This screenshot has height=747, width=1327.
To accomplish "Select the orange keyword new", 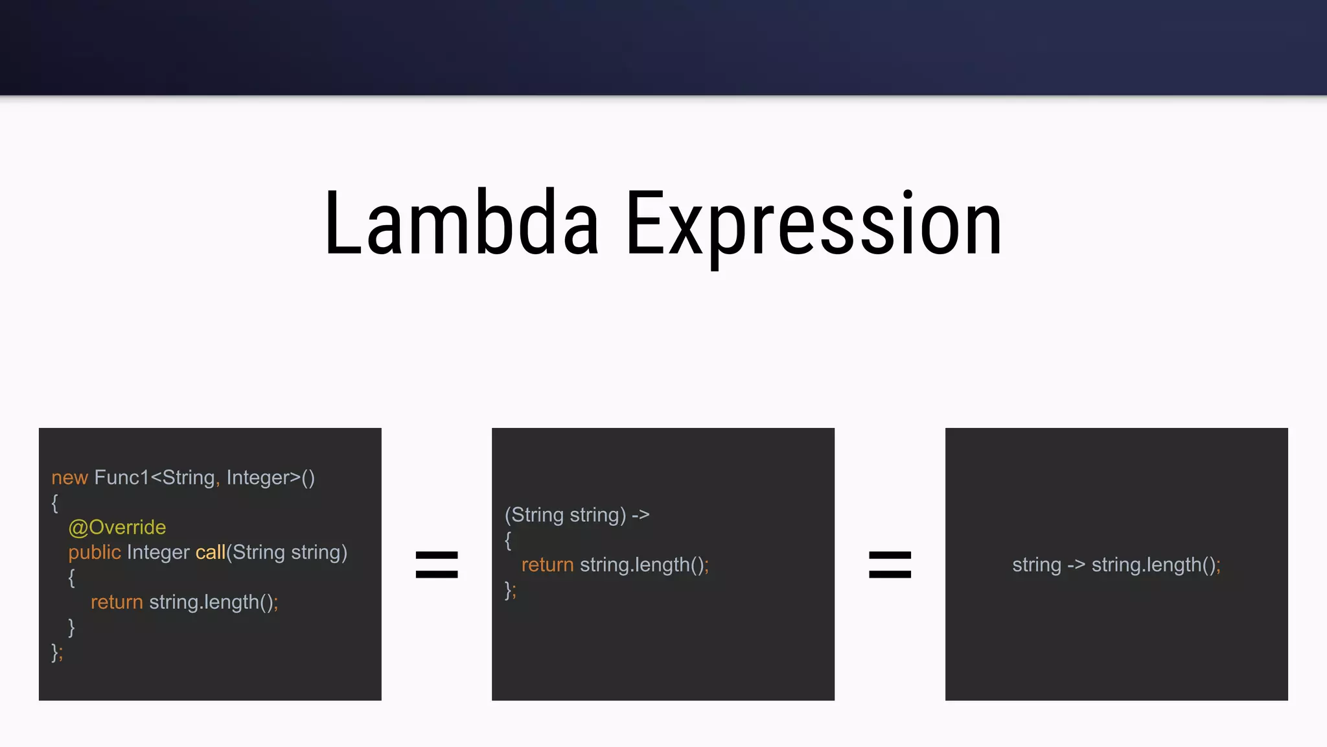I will click(x=69, y=478).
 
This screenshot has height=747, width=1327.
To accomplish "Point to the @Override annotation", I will click(x=117, y=527).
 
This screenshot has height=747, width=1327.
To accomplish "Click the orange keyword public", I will click(x=95, y=552).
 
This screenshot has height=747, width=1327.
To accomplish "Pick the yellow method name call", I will click(x=210, y=552).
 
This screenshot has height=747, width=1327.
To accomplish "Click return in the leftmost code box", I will click(x=117, y=602).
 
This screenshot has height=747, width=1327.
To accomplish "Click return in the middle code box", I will click(x=548, y=565).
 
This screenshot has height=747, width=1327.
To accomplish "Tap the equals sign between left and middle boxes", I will click(x=437, y=564).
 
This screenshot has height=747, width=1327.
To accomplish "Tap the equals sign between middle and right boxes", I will click(x=890, y=564).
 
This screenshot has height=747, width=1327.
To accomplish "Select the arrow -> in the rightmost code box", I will click(x=1076, y=565).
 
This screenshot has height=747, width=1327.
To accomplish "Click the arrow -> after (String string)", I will click(x=640, y=515).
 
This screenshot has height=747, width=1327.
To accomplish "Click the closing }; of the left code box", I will click(x=57, y=652).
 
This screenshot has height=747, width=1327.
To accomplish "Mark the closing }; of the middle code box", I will click(x=511, y=590).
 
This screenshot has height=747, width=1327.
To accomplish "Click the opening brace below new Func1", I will click(x=55, y=503).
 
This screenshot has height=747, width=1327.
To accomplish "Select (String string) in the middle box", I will click(x=565, y=515).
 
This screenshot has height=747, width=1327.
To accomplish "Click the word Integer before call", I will click(x=158, y=552).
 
